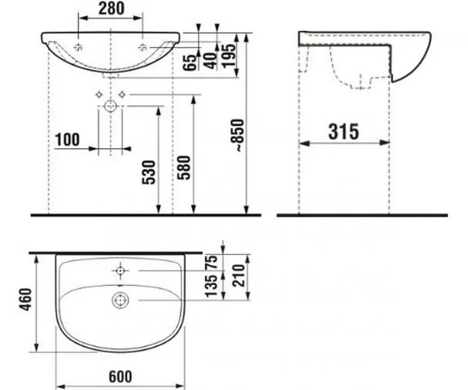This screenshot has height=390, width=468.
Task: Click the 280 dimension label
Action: tap(110, 8)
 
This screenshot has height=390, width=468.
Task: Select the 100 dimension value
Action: tap(67, 140)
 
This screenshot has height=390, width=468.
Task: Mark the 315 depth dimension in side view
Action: tap(343, 131)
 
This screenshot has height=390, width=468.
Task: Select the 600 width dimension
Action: tap(120, 376)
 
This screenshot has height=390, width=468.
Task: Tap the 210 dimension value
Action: tap(237, 276)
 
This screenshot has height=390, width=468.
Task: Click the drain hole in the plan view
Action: tap(120, 299)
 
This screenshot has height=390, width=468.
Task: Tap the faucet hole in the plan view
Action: tap(120, 271)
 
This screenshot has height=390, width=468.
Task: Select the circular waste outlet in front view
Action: tap(110, 107)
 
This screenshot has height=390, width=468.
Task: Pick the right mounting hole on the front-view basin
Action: tap(143, 47)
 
